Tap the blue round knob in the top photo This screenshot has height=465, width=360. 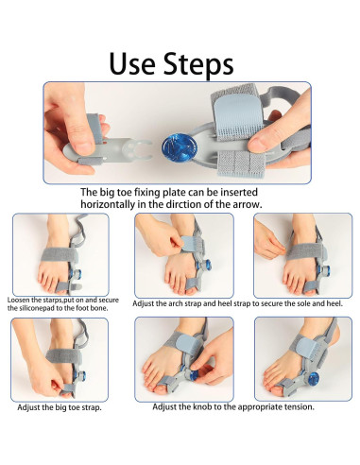[x=180, y=146]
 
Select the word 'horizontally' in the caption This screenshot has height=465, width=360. [x=108, y=204]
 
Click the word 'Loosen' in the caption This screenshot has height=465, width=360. [x=19, y=300]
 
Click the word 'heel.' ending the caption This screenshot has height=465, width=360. [x=334, y=303]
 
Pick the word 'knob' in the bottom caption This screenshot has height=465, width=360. [x=202, y=406]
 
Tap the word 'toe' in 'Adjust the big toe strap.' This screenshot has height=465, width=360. [x=74, y=407]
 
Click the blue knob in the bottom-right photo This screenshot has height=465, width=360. [x=313, y=379]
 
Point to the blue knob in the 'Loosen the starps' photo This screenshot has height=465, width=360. [x=78, y=274]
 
